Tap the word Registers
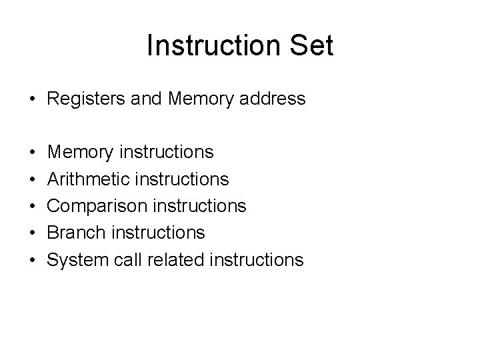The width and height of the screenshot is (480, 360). pos(85,99)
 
